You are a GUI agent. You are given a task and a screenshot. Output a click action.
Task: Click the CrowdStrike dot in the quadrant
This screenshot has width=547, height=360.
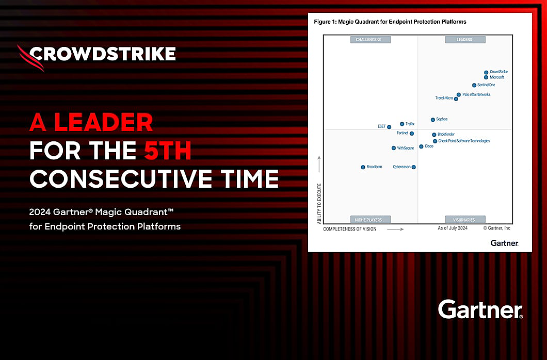(486, 73)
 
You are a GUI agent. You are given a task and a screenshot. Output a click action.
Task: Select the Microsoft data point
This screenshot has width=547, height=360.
(486, 77)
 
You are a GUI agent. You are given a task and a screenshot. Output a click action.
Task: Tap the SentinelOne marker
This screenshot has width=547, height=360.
(474, 85)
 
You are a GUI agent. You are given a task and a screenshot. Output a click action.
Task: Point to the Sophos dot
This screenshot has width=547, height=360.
(433, 120)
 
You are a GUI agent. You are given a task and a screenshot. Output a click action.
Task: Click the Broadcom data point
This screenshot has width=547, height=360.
(363, 167)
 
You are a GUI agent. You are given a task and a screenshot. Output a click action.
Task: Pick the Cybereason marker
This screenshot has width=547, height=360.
(413, 167)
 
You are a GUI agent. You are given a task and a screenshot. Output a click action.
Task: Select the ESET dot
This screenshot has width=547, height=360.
(389, 127)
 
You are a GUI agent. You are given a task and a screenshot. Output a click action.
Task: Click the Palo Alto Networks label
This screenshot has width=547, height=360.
(476, 94)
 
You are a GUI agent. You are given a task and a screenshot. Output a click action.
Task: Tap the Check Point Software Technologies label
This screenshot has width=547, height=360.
(464, 141)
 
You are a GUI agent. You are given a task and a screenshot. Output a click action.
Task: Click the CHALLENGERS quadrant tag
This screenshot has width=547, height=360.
(370, 40)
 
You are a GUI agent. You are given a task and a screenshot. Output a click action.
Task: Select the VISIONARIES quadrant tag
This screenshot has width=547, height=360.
(464, 220)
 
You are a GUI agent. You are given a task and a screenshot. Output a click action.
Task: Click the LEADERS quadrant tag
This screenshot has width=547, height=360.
(464, 40)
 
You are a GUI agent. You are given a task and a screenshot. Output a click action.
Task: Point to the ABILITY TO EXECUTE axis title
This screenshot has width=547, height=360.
(319, 203)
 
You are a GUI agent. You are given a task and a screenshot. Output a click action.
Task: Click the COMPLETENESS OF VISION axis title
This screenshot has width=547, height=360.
(349, 229)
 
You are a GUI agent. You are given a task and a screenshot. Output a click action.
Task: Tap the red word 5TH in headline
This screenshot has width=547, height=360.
(168, 151)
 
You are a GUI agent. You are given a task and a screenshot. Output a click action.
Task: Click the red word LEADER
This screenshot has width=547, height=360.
(104, 122)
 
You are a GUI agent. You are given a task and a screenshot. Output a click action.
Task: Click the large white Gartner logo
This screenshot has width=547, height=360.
(480, 309)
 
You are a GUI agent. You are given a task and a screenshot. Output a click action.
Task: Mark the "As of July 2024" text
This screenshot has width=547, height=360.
(453, 228)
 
